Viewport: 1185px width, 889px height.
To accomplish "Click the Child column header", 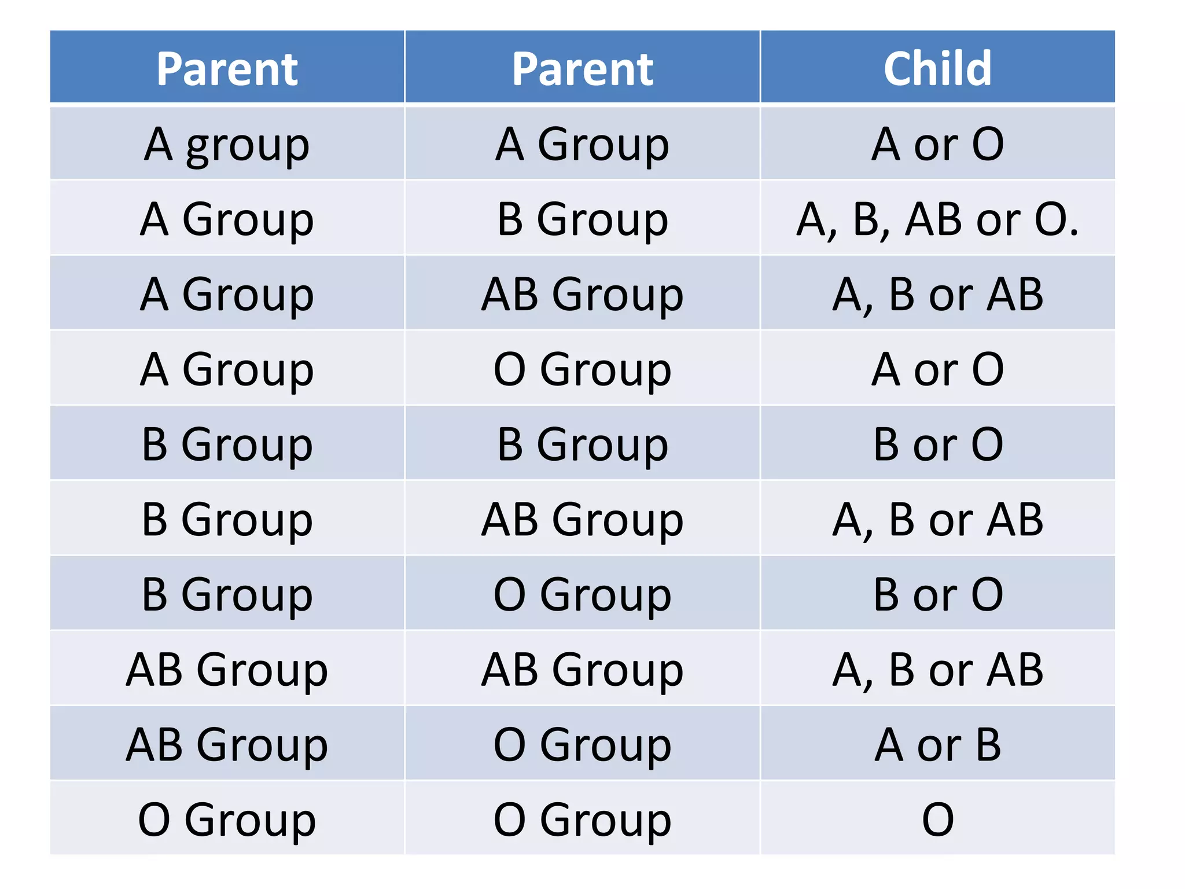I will pos(937,68).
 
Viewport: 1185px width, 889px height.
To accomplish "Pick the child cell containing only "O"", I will pos(937,819).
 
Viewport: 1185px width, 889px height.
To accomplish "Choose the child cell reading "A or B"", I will pos(937,744).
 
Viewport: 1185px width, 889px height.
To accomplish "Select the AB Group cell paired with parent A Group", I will pos(582,294).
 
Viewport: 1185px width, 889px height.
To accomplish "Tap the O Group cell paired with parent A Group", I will pos(582,369).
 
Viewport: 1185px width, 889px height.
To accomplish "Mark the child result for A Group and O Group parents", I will pos(937,369).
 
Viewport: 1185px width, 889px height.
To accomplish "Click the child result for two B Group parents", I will pos(937,444).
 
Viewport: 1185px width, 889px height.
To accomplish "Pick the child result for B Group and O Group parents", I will pos(937,594).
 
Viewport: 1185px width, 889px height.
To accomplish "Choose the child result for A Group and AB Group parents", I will pos(937,294).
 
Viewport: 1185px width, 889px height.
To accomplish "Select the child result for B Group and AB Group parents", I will pos(937,519).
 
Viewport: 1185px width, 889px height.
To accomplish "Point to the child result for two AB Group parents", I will pos(937,670).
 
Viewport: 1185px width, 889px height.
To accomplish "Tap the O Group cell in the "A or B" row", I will pos(582,744).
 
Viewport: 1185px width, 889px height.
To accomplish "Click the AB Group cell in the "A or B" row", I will pos(227,744).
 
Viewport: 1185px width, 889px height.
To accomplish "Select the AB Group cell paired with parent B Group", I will pos(582,519).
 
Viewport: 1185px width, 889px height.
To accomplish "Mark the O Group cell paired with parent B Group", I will pos(582,594).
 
